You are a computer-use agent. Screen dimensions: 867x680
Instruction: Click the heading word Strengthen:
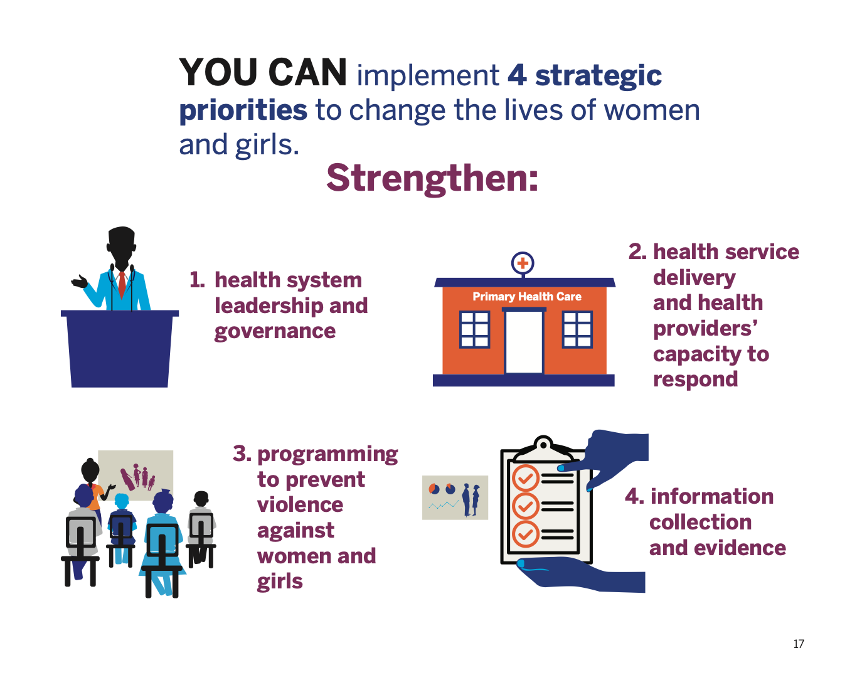[x=432, y=178]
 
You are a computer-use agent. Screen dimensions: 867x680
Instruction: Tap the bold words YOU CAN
[x=262, y=72]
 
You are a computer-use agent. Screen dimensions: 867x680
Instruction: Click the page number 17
[x=799, y=644]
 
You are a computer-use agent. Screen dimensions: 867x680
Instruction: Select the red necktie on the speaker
[x=122, y=285]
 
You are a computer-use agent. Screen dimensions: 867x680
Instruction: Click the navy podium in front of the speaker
[x=120, y=348]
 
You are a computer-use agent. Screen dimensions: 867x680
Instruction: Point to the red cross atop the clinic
[x=523, y=263]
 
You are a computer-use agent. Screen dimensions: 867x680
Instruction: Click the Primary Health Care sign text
[x=527, y=296]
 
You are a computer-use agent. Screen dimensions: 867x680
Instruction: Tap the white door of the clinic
[x=524, y=342]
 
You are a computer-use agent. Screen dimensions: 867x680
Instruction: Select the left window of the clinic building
[x=474, y=329]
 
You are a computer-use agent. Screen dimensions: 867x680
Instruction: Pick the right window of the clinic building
[x=577, y=329]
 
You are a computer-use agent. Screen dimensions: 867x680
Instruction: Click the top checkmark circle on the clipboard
[x=526, y=478]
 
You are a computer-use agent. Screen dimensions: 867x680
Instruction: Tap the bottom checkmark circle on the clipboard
[x=526, y=534]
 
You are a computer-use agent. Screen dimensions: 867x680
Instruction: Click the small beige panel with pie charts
[x=455, y=497]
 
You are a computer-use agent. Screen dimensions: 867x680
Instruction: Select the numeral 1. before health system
[x=197, y=280]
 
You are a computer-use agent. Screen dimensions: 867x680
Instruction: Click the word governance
[x=275, y=331]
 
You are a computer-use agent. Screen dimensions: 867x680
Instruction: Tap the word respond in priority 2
[x=696, y=380]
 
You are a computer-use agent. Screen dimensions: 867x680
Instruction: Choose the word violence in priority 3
[x=300, y=504]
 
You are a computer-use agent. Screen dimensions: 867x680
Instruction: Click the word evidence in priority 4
[x=740, y=548]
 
